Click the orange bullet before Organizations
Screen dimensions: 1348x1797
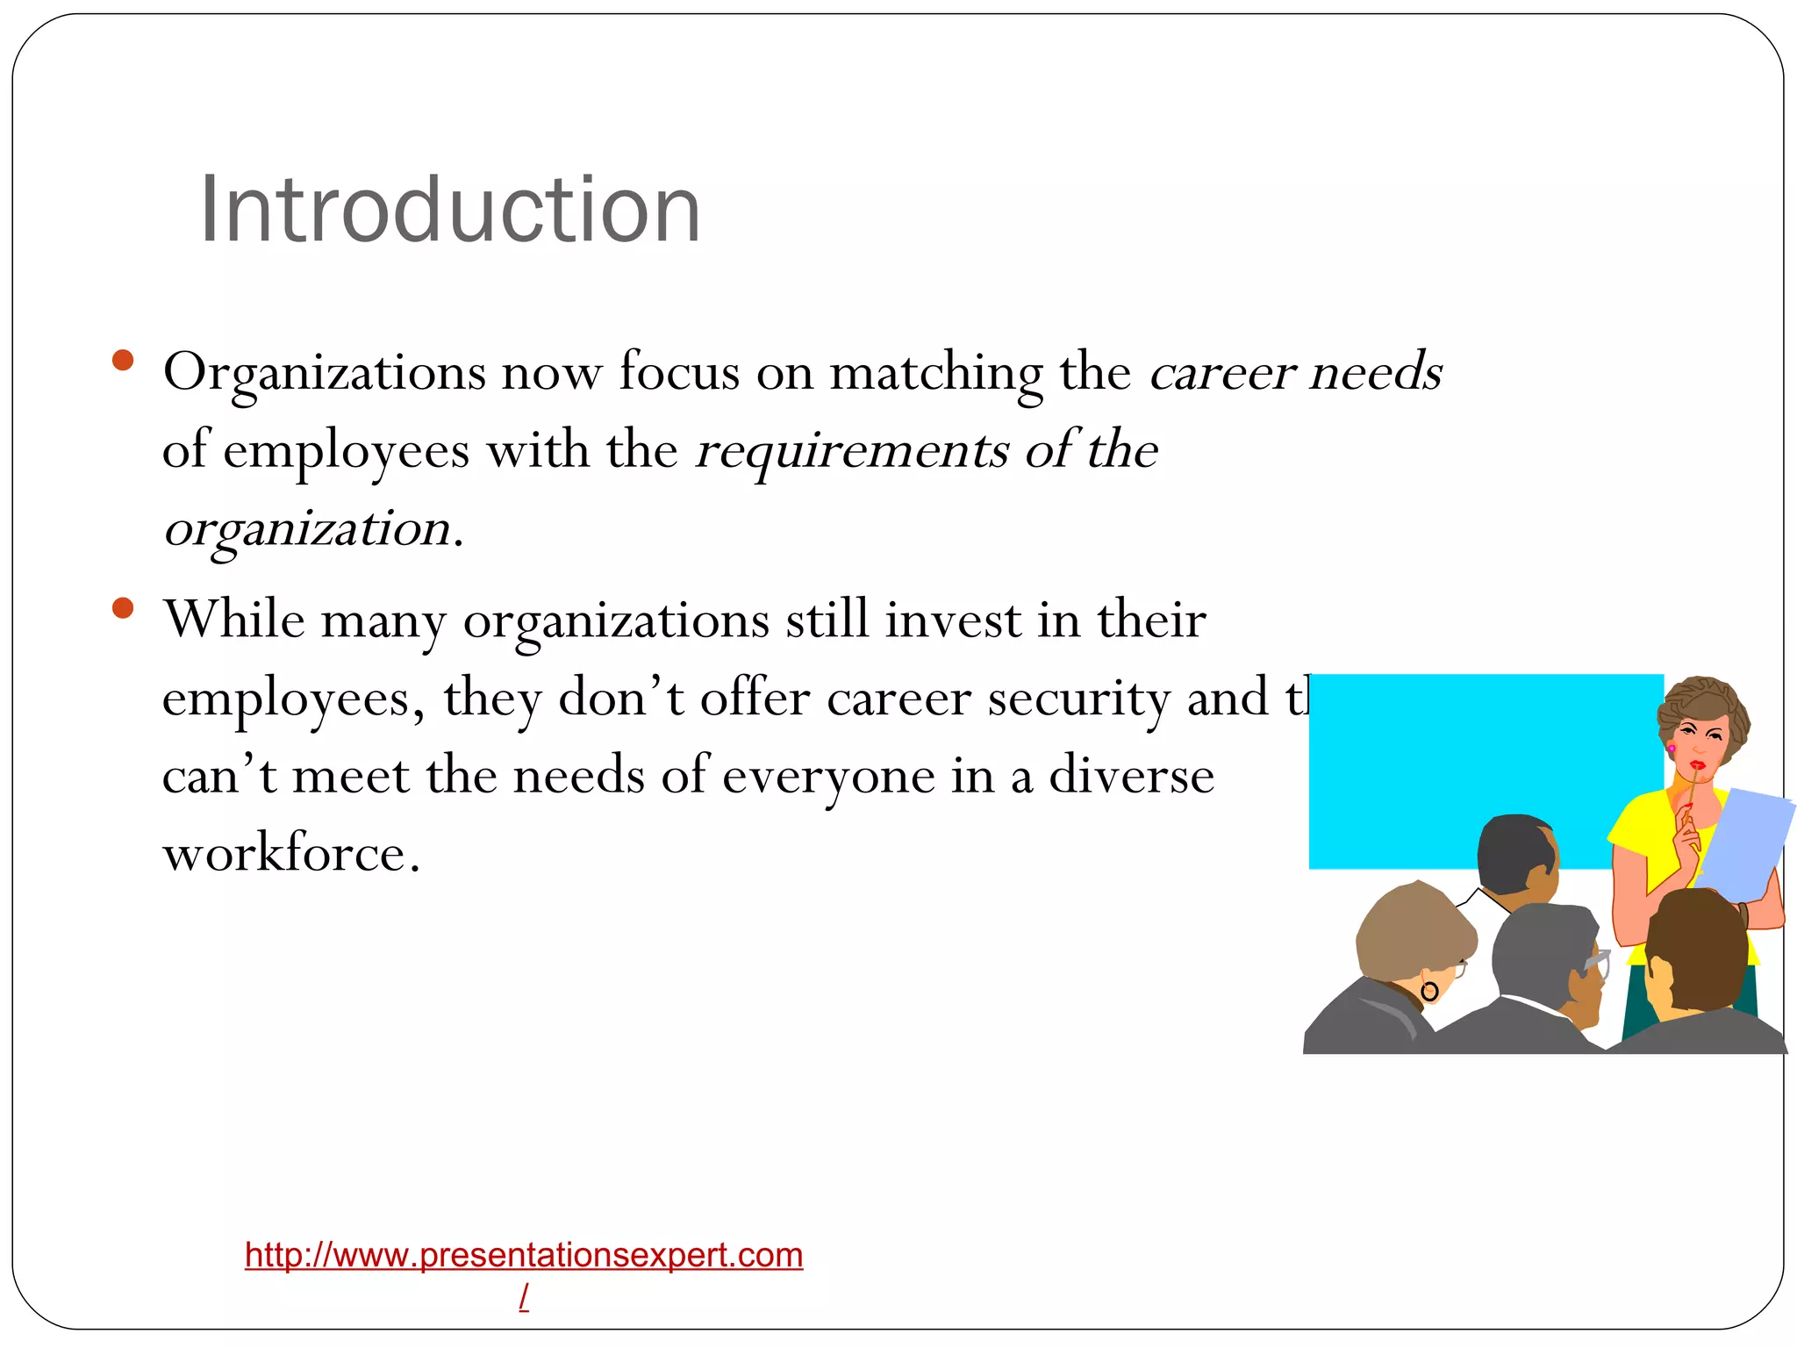[x=123, y=360]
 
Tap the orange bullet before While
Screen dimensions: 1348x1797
[x=123, y=607]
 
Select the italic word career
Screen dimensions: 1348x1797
[x=1221, y=372]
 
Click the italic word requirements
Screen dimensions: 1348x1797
[x=851, y=451]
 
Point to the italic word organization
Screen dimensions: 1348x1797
[x=307, y=529]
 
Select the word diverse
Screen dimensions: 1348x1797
[x=1131, y=776]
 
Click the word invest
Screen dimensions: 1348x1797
[x=953, y=620]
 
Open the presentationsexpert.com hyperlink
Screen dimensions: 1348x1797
[x=524, y=1255]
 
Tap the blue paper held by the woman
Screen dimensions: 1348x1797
[x=1746, y=842]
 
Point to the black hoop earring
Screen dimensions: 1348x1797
[x=1429, y=993]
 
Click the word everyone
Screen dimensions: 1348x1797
[x=828, y=776]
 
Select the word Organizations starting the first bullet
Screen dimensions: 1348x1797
[x=324, y=372]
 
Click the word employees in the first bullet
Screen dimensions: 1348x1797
[x=346, y=451]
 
